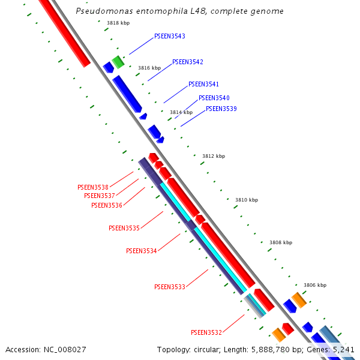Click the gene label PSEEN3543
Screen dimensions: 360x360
(x=170, y=36)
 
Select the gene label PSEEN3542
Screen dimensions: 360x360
(x=188, y=62)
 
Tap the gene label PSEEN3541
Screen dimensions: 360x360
(x=204, y=84)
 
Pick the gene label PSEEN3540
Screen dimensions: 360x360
(x=214, y=98)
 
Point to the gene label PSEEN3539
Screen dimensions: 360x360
(x=221, y=109)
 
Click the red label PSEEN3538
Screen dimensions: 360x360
(x=93, y=187)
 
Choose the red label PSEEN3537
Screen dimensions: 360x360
(x=100, y=196)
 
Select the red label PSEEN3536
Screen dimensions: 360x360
(x=107, y=205)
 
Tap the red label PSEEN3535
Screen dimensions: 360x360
(x=124, y=228)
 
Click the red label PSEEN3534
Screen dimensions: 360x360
(x=142, y=251)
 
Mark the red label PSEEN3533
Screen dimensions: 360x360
(x=170, y=287)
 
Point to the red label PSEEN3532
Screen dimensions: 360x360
(x=206, y=332)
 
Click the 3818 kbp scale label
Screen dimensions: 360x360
(x=118, y=23)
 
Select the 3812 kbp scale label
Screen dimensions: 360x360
(x=214, y=156)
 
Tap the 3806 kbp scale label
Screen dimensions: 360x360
(x=315, y=285)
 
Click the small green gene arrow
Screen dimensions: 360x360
(x=118, y=61)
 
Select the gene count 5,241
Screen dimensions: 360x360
(x=344, y=349)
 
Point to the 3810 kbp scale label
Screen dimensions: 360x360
(x=247, y=200)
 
